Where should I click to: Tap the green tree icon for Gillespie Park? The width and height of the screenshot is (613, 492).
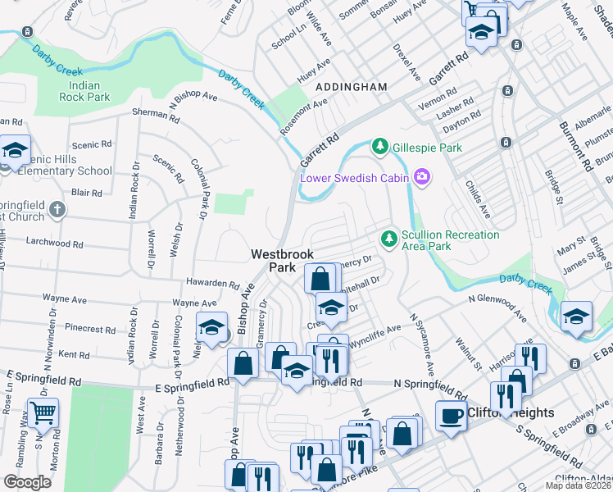[379, 147]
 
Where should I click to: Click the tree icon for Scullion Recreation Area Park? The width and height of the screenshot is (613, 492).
[389, 239]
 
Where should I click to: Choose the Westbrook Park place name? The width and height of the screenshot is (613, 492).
[282, 261]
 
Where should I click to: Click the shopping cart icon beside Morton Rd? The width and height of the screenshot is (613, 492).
[43, 412]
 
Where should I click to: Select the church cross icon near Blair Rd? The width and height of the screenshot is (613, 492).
[57, 209]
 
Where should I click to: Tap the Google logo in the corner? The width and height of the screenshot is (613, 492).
[27, 482]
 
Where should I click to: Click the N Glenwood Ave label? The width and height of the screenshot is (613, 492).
[497, 304]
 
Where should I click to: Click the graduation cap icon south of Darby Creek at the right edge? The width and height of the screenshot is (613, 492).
[576, 317]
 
